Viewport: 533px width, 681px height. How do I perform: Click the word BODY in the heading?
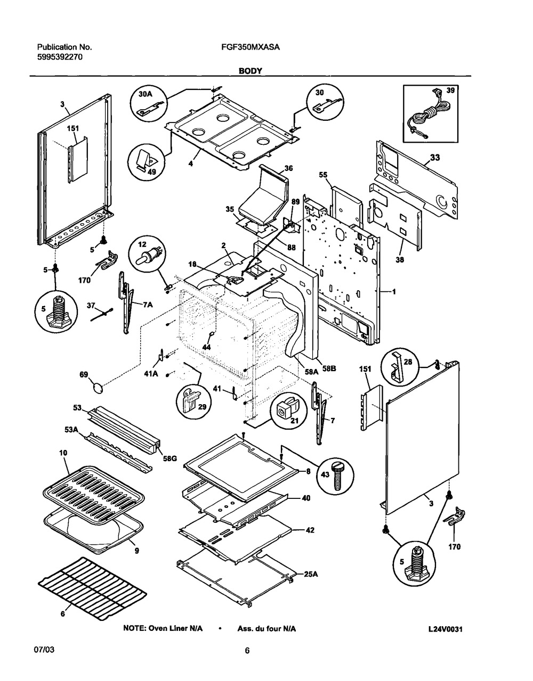coord(250,70)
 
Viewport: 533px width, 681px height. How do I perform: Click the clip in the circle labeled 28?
coord(399,367)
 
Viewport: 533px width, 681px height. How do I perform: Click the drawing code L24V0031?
coord(445,629)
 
